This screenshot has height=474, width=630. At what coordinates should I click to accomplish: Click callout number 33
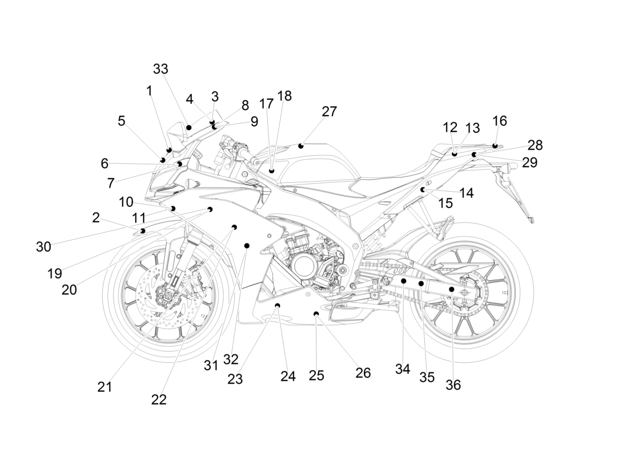(160, 69)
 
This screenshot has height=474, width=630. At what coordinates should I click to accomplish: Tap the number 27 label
(329, 112)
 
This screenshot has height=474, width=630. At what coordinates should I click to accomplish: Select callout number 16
(499, 121)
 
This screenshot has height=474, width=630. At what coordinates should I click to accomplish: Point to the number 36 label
(453, 385)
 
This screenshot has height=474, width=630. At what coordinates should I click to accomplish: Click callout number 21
(105, 387)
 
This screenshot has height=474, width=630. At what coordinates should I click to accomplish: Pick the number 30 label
(44, 247)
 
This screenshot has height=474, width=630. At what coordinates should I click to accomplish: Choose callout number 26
(363, 373)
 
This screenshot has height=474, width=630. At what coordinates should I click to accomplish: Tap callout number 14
(466, 193)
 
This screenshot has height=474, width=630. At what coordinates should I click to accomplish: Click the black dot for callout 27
(301, 146)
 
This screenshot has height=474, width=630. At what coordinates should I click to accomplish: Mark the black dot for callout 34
(404, 281)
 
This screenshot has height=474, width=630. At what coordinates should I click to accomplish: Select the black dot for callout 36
(452, 289)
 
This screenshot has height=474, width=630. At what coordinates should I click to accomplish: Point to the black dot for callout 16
(495, 145)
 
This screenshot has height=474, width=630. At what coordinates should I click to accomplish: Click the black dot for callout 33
(189, 127)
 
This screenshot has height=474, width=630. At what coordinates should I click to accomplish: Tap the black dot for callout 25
(316, 314)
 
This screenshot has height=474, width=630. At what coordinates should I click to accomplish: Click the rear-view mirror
(176, 131)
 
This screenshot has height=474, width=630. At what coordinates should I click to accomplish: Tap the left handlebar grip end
(254, 160)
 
